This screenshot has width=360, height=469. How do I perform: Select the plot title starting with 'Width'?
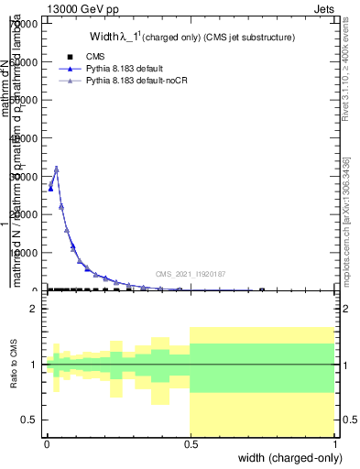click(191, 38)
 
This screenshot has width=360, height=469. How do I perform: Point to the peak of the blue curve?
click(57, 169)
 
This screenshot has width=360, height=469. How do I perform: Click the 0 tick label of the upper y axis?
click(36, 290)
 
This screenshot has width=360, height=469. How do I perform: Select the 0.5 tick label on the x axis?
click(191, 444)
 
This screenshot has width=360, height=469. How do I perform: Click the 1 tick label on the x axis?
click(334, 444)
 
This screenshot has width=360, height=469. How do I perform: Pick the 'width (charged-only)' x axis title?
click(287, 458)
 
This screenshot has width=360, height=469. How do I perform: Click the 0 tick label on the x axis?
click(47, 444)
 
